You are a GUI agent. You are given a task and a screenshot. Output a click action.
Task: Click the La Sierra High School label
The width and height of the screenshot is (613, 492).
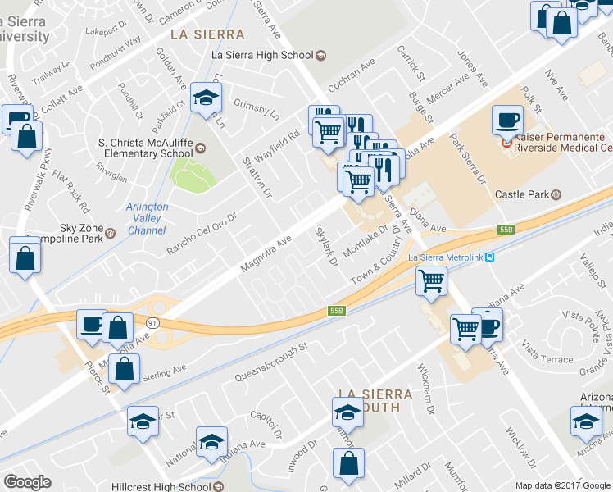(262, 55)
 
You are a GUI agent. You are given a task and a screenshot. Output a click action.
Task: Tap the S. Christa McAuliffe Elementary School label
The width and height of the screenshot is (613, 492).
(144, 147)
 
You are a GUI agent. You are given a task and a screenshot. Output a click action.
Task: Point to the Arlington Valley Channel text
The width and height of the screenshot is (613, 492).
(148, 219)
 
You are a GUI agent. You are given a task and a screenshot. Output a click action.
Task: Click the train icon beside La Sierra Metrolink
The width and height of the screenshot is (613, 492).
(489, 257)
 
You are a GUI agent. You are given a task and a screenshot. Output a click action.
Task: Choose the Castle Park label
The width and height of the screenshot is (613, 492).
(521, 194)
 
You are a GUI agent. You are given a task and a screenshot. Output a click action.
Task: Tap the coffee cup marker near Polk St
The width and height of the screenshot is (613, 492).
(506, 121)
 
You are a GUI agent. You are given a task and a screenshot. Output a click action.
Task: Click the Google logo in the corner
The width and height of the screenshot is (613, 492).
(27, 482)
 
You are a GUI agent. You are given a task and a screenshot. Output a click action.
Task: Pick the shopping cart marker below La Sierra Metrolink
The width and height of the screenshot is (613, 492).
(430, 281)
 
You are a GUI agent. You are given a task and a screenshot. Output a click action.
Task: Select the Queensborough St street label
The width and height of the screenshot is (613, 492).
(270, 362)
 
